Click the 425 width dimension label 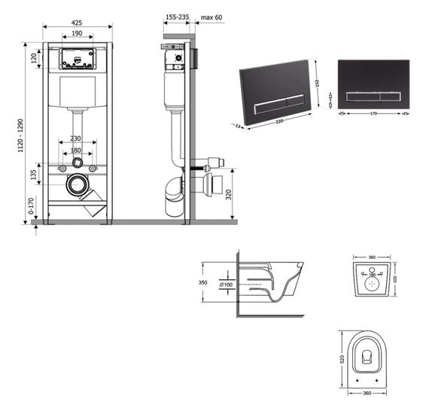click(x=78, y=23)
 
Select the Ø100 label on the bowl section click(x=226, y=285)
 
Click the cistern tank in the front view click(x=78, y=92)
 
